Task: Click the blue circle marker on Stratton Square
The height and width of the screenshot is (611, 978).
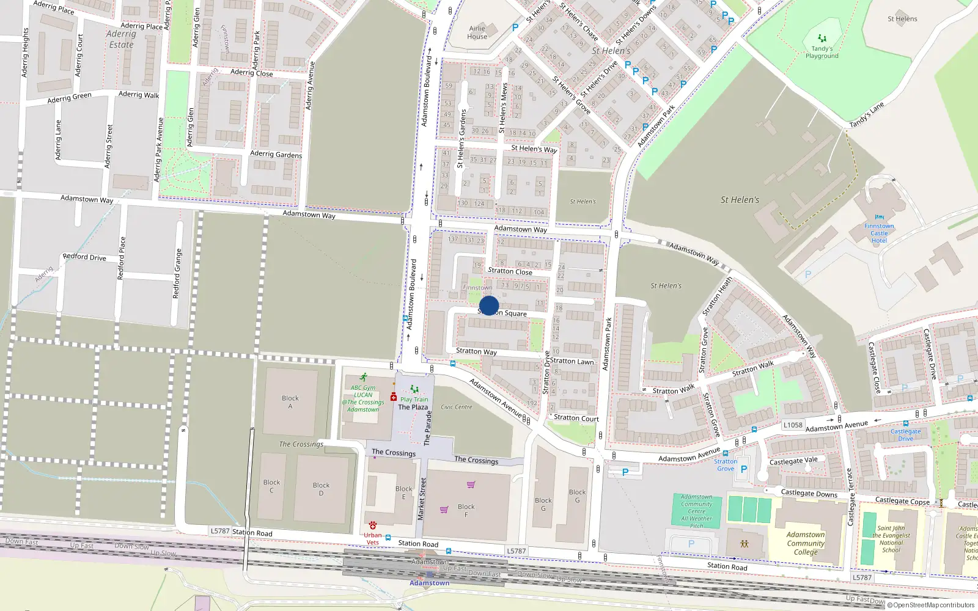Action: click(489, 305)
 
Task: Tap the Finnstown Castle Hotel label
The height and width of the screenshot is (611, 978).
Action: click(879, 233)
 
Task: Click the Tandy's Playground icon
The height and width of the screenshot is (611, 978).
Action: click(822, 38)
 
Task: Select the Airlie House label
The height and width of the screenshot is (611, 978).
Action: click(477, 32)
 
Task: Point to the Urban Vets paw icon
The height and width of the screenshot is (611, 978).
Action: click(373, 525)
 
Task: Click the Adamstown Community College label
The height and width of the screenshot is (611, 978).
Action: click(806, 543)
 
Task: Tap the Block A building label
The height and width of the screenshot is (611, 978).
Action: click(290, 402)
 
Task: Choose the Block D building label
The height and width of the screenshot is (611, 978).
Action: click(321, 489)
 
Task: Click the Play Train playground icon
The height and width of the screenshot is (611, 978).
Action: click(414, 389)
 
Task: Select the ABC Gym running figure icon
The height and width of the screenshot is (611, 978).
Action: click(364, 378)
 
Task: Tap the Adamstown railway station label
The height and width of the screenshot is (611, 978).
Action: click(429, 583)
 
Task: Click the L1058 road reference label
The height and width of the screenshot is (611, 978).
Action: click(793, 425)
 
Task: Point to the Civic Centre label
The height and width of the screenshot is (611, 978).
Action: click(457, 407)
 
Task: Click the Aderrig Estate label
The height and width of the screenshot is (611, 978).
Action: click(121, 39)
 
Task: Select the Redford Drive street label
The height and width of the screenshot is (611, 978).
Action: click(84, 257)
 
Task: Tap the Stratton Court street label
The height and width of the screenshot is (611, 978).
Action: click(576, 419)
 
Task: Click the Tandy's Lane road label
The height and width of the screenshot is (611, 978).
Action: click(867, 115)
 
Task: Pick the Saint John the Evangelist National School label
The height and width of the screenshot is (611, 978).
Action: click(891, 539)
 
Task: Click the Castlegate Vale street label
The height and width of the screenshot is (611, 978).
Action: click(793, 461)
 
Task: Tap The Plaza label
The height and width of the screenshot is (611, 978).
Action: click(413, 407)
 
